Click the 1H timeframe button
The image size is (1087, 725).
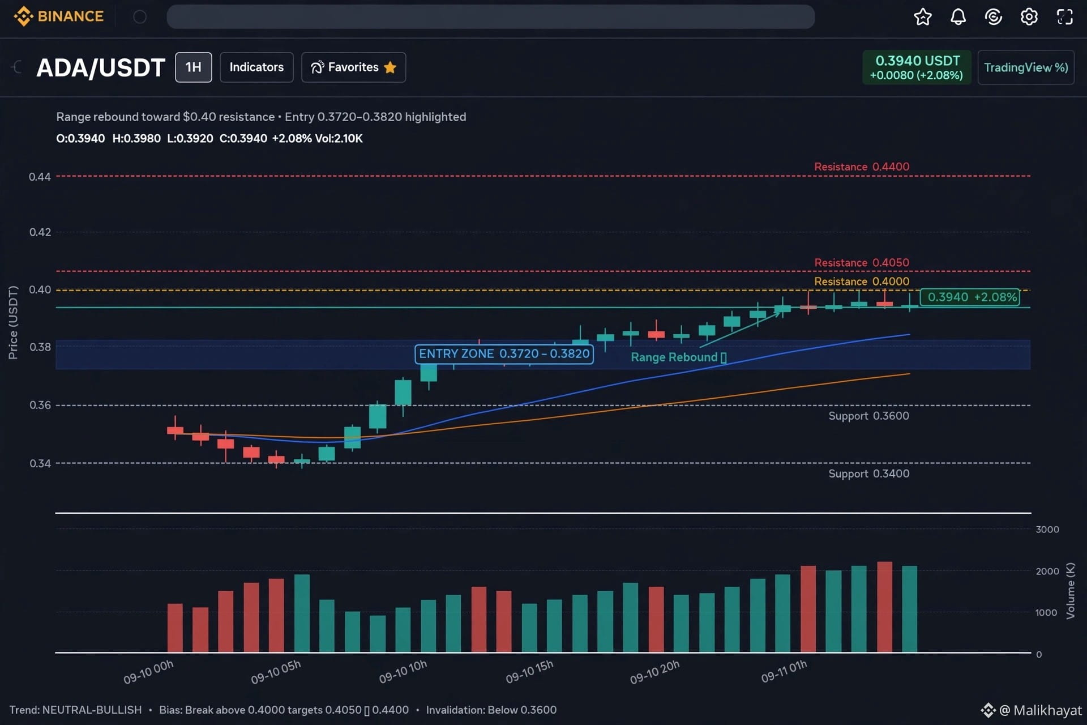[x=194, y=67]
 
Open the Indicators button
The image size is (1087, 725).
[x=256, y=67]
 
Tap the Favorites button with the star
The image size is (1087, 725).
[x=354, y=67]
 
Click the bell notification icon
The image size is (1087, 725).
[x=958, y=17]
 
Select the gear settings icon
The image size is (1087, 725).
[x=1029, y=17]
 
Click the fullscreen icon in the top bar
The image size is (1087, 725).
[x=1065, y=17]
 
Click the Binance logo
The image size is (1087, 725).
[x=58, y=16]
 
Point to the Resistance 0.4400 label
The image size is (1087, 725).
[x=862, y=167]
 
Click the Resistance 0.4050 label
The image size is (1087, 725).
[x=862, y=262]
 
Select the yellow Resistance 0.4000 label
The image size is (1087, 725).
[x=862, y=282]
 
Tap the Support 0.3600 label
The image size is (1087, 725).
[x=869, y=416]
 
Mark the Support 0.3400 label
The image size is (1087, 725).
[x=869, y=474]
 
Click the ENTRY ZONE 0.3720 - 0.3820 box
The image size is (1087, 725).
[x=504, y=354]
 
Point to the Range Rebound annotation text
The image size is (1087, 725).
[x=678, y=357]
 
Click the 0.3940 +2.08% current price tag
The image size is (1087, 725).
[x=970, y=297]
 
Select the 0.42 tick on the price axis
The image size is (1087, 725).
[x=40, y=232]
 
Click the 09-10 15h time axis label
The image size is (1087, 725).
[x=529, y=671]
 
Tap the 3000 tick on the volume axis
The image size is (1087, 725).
[x=1047, y=529]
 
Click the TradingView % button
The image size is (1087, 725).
[x=1026, y=67]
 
